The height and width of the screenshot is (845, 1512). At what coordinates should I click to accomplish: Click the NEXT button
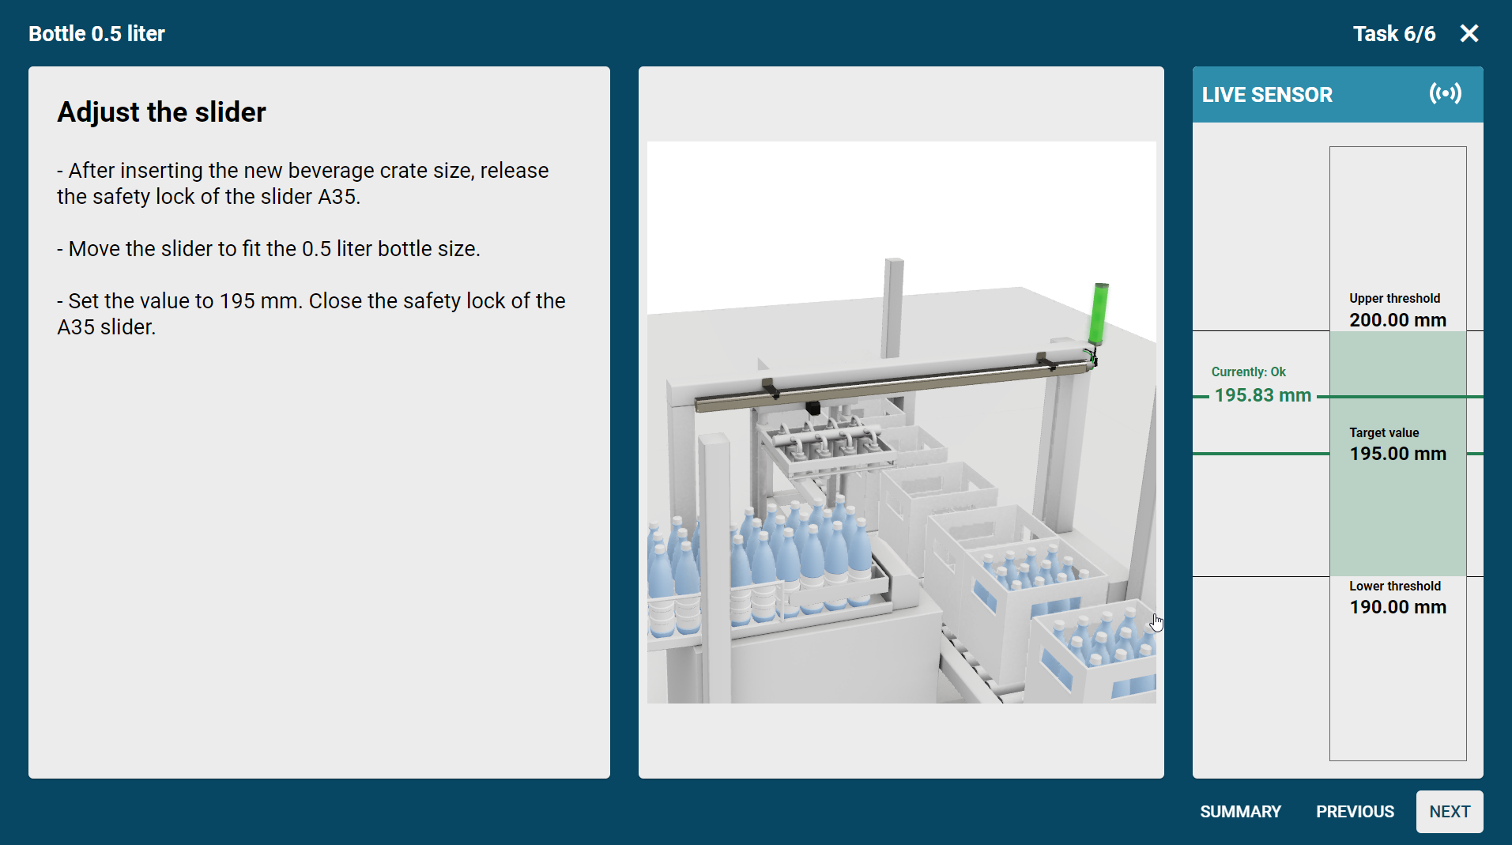click(x=1450, y=812)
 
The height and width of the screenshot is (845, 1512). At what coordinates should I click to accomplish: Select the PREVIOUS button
click(x=1355, y=812)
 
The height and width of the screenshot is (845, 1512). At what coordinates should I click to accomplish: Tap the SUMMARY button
click(x=1240, y=812)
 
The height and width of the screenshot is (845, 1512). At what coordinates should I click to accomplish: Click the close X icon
click(x=1469, y=33)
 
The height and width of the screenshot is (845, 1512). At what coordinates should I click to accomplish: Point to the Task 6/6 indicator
click(x=1394, y=34)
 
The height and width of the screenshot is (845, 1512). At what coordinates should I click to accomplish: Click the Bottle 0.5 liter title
click(x=96, y=34)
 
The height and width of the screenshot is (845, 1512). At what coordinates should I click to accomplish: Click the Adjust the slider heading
click(x=161, y=112)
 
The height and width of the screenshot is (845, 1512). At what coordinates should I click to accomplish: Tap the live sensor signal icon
click(x=1446, y=94)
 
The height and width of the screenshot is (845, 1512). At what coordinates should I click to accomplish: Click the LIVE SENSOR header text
click(x=1267, y=95)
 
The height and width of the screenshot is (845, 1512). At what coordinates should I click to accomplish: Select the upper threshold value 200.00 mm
click(x=1397, y=320)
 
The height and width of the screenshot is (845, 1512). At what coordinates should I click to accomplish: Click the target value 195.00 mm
click(x=1397, y=454)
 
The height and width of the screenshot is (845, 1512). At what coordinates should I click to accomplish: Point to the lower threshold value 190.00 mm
click(x=1397, y=607)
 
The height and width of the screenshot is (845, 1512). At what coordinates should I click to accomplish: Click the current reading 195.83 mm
click(x=1262, y=395)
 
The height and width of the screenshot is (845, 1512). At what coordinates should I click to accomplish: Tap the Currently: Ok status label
click(x=1248, y=372)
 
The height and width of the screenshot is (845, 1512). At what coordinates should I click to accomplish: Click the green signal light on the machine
click(x=1098, y=313)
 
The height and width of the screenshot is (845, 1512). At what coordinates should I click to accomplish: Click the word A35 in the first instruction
click(x=337, y=197)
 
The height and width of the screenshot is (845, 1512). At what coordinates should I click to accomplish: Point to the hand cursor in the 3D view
click(x=1156, y=623)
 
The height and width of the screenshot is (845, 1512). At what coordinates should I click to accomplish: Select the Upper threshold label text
click(x=1394, y=298)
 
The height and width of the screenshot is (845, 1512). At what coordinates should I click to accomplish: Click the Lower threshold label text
click(x=1394, y=586)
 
